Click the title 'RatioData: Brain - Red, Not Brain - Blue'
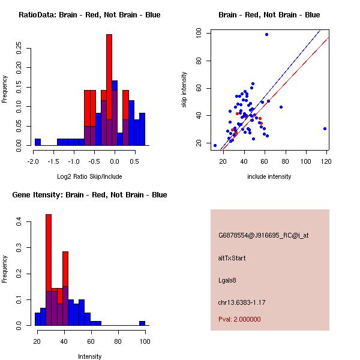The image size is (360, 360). [x=89, y=15]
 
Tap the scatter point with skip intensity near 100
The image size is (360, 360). [x=266, y=35]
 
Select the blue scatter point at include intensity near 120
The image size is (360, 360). [x=325, y=128]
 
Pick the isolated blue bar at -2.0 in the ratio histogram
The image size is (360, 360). [x=38, y=142]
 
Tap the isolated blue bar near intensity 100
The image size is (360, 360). [x=142, y=323]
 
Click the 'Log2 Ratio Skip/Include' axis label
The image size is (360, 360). [x=89, y=176]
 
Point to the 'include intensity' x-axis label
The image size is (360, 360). [x=269, y=176]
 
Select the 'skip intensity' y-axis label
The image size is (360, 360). [x=185, y=90]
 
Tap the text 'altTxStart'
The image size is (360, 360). [x=232, y=258]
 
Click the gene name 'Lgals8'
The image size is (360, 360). [x=228, y=280]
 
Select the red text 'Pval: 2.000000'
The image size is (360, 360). [x=239, y=320]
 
